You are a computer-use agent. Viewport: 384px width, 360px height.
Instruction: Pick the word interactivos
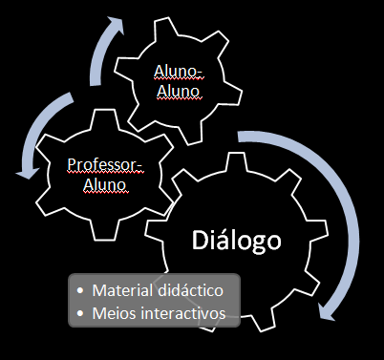[181, 312]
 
